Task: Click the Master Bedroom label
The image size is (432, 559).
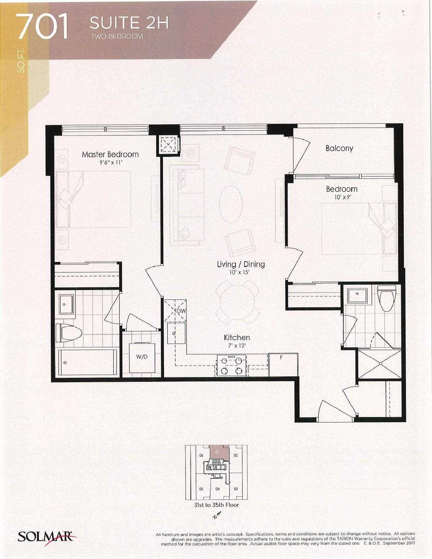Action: [110, 154]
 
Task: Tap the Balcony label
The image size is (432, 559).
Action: [339, 148]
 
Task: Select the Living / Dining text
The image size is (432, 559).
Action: [241, 264]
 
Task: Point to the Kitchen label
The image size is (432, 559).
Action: [237, 337]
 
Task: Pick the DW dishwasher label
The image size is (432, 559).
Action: [181, 311]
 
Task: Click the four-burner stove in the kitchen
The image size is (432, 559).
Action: [231, 366]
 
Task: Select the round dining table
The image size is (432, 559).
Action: [237, 303]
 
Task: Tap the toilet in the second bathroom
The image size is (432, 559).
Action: [387, 299]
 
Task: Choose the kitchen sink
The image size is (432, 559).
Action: [176, 333]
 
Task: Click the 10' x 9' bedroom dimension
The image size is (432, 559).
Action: [342, 197]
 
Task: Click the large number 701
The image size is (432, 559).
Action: [43, 27]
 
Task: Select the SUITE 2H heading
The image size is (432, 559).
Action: [129, 23]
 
